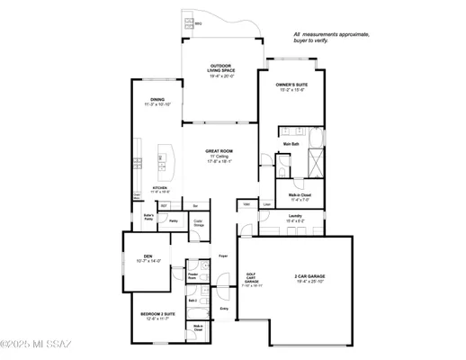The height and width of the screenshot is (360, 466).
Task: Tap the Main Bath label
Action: tap(291, 144)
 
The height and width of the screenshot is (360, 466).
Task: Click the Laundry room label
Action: tap(295, 217)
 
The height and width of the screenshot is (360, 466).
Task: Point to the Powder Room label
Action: tap(192, 276)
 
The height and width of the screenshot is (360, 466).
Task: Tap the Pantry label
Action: tap(173, 220)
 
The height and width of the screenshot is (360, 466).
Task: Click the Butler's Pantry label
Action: tap(150, 218)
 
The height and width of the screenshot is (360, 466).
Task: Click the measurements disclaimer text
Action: tap(327, 38)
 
